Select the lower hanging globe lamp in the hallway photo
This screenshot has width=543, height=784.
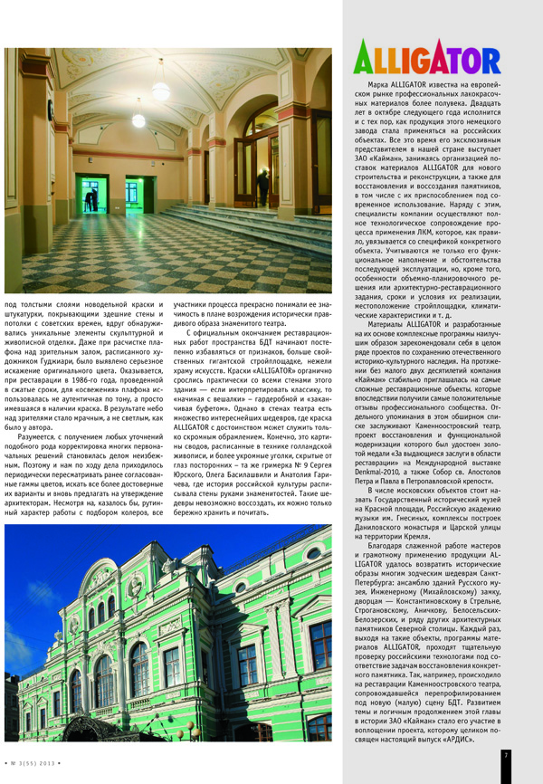pyautogui.click(x=138, y=120)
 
